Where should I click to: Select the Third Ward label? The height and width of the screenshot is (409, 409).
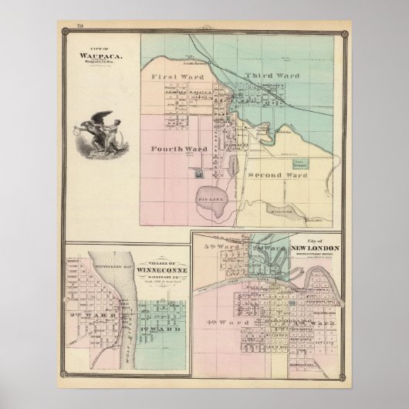pyautogui.click(x=270, y=75)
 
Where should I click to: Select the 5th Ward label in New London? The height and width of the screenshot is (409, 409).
pyautogui.click(x=219, y=248)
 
